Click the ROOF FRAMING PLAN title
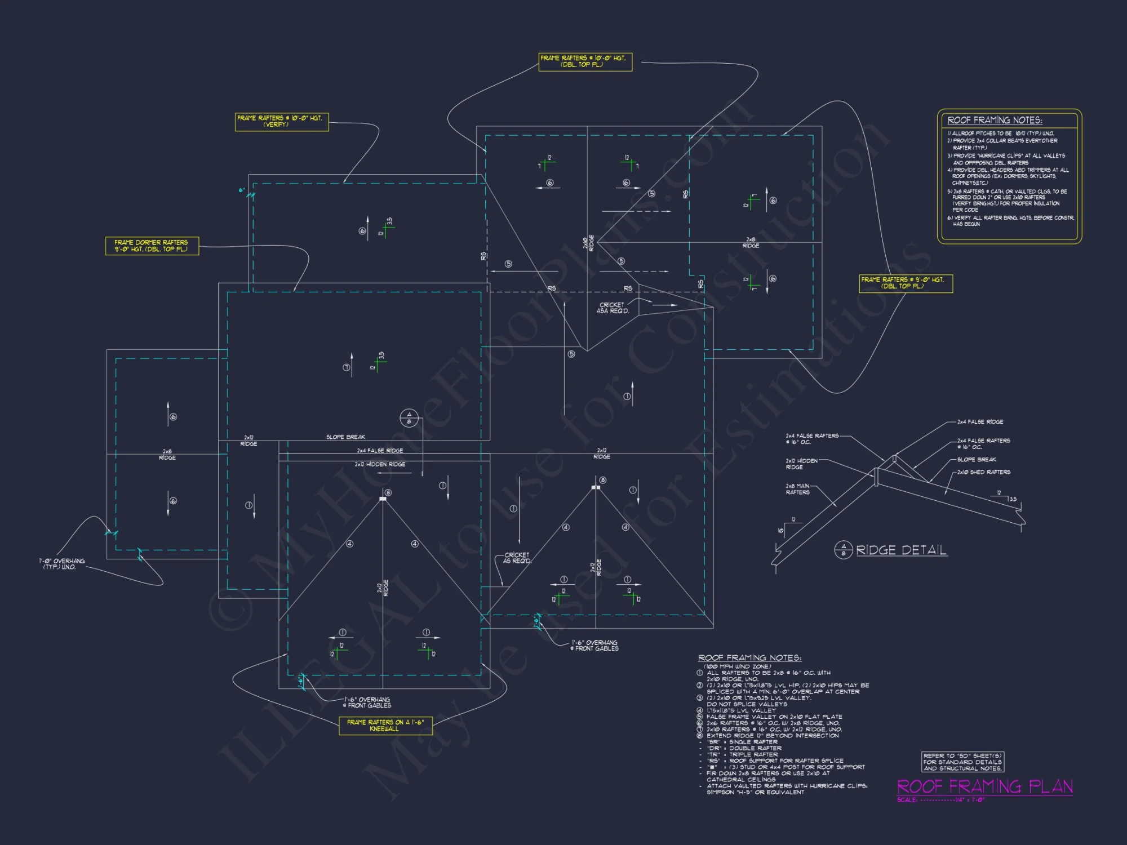click(x=984, y=786)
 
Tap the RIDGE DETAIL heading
click(x=900, y=550)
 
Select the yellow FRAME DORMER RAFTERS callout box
click(x=152, y=246)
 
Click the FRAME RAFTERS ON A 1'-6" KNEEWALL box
click(x=385, y=726)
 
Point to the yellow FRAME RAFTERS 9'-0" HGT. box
click(x=906, y=283)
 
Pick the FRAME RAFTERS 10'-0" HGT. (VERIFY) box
click(x=281, y=121)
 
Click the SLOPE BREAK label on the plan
click(x=345, y=437)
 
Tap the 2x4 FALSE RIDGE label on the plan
click(x=380, y=451)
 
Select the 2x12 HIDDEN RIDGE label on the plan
click(x=380, y=464)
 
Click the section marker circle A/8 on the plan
click(x=409, y=418)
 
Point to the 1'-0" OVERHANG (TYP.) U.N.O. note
click(x=61, y=564)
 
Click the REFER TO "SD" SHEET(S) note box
click(x=962, y=762)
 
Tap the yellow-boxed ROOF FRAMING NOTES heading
click(x=995, y=120)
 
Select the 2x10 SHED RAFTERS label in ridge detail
click(x=983, y=472)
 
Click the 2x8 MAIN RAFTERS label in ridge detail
click(x=797, y=489)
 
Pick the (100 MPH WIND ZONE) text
click(x=737, y=666)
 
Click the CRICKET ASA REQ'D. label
click(x=613, y=308)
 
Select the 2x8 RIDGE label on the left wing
click(x=167, y=455)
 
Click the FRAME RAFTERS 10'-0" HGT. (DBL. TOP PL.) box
click(x=585, y=61)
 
